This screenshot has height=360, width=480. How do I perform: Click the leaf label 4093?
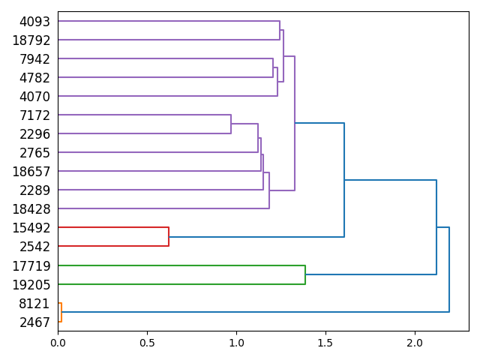[34, 22]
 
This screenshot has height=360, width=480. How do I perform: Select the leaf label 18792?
[31, 40]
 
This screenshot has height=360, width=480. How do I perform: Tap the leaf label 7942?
[34, 59]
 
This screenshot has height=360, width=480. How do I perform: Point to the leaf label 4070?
[34, 97]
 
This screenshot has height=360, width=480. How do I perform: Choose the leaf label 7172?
[34, 115]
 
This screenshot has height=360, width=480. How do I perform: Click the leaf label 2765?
[34, 153]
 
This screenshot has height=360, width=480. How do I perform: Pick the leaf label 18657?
[31, 172]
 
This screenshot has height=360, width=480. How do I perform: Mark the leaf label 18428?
[31, 209]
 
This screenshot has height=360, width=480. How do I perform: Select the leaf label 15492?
[31, 228]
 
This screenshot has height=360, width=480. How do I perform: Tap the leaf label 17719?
[31, 265]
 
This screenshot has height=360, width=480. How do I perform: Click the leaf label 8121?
[34, 304]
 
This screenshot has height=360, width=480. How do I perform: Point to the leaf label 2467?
[34, 322]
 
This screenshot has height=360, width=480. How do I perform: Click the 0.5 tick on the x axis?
[147, 343]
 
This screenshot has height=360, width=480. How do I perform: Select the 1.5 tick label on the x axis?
[325, 343]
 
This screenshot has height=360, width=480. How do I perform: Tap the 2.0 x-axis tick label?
[415, 343]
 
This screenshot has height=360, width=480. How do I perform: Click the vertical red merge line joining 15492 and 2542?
[169, 237]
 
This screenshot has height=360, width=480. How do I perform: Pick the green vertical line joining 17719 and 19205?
[305, 274]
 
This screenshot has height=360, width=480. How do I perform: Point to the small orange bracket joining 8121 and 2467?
[61, 313]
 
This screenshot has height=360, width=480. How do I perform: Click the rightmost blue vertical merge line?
[449, 269]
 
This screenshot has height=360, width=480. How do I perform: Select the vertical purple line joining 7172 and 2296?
[231, 124]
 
